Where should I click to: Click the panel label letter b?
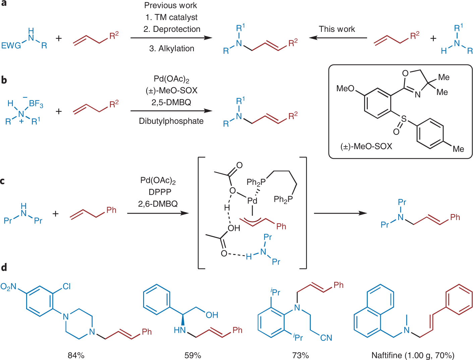(x=4, y=80)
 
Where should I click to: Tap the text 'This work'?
(x=337, y=29)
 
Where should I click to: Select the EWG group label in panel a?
(x=11, y=46)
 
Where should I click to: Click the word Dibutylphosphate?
(x=171, y=121)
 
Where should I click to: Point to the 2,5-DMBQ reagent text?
(x=171, y=102)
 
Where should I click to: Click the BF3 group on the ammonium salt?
(x=36, y=104)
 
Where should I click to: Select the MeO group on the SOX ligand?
(x=345, y=89)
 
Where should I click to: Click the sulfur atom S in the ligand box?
(x=404, y=119)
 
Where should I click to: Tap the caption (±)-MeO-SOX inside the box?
(x=366, y=146)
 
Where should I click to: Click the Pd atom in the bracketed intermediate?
(x=252, y=201)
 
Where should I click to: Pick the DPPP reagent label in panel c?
(x=160, y=192)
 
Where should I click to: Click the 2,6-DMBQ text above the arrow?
(x=158, y=204)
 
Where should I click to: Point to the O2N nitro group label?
(x=8, y=287)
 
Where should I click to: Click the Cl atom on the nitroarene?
(x=67, y=286)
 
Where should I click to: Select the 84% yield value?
(x=76, y=355)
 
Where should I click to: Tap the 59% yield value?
(x=193, y=355)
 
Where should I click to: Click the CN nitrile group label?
(x=326, y=338)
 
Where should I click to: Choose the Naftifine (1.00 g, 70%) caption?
(x=413, y=355)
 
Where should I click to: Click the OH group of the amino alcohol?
(x=212, y=315)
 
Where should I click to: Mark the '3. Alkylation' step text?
(x=172, y=49)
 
